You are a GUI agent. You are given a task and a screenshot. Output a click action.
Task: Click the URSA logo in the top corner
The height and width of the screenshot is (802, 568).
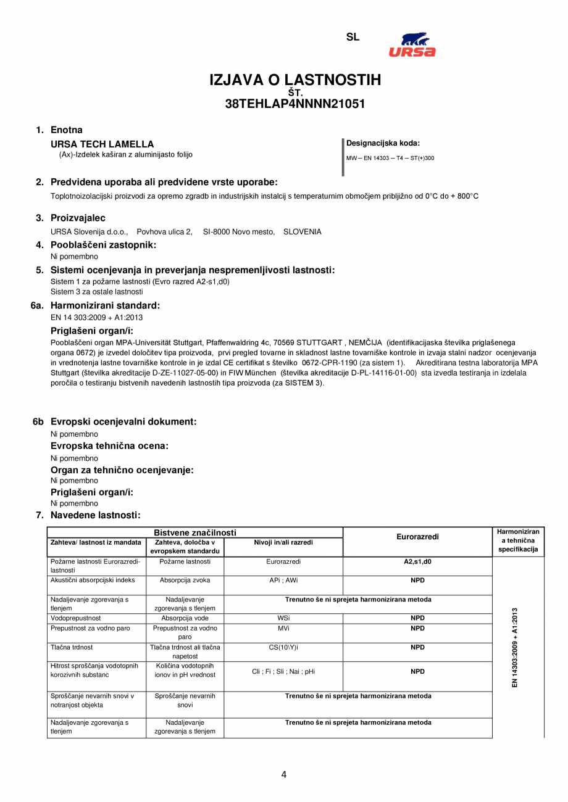pos(412,45)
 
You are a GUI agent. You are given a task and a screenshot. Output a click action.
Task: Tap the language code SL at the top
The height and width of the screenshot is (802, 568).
pos(353,37)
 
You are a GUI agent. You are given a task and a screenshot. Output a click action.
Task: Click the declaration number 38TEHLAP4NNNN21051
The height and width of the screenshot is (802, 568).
pos(295,104)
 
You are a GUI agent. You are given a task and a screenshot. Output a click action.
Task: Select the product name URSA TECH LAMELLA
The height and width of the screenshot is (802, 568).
pos(102,144)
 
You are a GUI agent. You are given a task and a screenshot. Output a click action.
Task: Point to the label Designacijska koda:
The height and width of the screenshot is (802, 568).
pos(383,143)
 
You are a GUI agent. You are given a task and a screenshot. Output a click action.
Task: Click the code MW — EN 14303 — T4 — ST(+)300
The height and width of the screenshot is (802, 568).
pos(390,158)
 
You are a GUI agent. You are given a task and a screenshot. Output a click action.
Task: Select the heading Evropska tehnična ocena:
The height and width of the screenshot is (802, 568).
pos(109,445)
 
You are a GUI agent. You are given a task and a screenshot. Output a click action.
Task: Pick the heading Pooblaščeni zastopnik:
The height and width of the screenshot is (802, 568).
pos(103,245)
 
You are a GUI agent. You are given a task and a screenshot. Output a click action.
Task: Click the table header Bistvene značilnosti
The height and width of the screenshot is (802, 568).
pos(195,532)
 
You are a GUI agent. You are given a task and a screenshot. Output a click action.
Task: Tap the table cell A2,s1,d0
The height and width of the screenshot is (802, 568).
pos(417,561)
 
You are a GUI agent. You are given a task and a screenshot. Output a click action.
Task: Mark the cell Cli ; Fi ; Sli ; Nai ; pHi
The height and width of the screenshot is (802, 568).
pos(283,671)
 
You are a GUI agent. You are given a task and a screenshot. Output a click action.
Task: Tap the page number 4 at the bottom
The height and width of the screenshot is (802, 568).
pos(283,775)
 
